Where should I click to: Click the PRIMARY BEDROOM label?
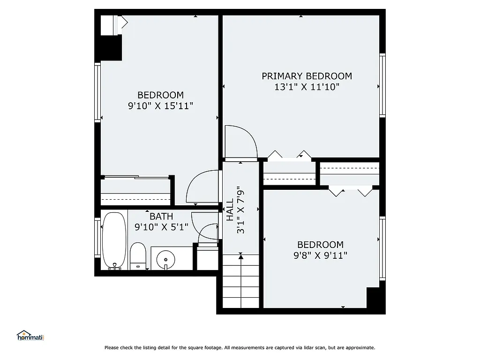pos(307,76)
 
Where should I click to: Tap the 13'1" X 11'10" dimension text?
pos(307,87)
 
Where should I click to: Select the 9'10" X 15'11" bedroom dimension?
pos(160,106)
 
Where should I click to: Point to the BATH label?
pos(161,217)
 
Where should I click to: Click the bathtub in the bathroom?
pos(114,241)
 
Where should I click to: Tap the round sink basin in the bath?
pos(165,258)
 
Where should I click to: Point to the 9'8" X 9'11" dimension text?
pos(321,255)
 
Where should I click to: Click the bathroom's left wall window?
pos(97,238)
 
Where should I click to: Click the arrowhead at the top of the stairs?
pos(241,256)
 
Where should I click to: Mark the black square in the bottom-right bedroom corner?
pos(375,300)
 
